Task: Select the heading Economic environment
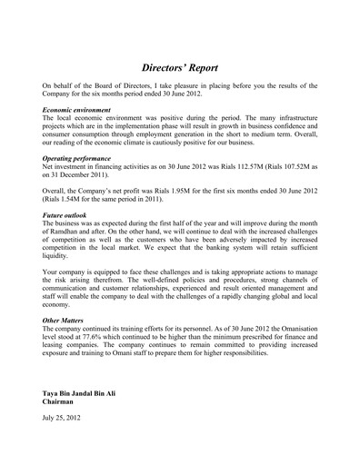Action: point(80,109)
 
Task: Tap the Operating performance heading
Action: point(79,159)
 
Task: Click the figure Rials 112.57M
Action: point(234,168)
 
